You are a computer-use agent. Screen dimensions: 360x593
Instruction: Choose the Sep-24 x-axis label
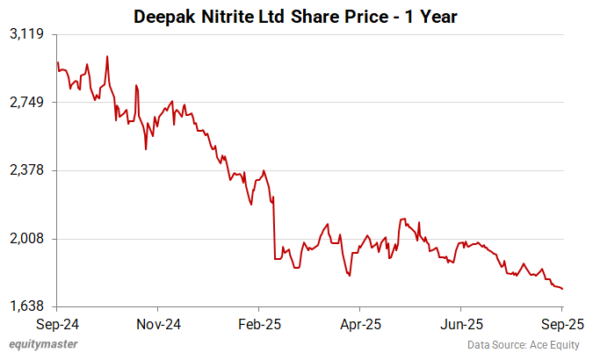(57, 323)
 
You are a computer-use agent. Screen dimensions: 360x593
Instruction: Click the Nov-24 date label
(158, 323)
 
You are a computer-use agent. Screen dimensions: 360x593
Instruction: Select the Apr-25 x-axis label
(360, 323)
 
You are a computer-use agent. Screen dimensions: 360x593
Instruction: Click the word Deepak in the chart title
(163, 16)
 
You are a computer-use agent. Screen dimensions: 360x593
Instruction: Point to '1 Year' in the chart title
(431, 16)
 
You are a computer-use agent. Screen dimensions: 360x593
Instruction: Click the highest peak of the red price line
(107, 56)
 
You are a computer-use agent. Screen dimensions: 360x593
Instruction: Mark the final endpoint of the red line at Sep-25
(562, 289)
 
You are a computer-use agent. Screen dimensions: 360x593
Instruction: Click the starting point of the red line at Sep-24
(57, 62)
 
